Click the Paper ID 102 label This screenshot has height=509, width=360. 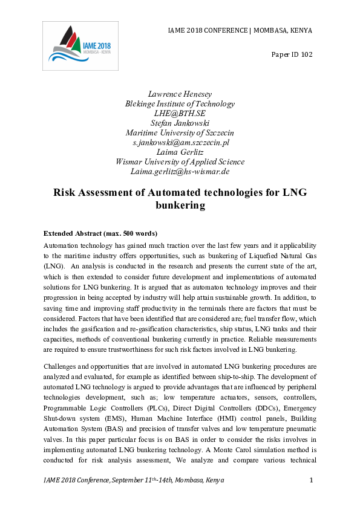click(x=292, y=55)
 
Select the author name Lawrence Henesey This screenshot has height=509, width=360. click(x=180, y=94)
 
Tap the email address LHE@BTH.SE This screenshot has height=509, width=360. click(x=180, y=113)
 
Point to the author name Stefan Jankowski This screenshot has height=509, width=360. click(x=180, y=123)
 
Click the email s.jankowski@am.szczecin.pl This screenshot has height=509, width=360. click(x=180, y=142)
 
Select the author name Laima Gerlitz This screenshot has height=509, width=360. click(x=180, y=152)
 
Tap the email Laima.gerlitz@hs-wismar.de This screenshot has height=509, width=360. click(x=180, y=171)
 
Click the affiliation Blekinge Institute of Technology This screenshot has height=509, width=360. click(x=180, y=103)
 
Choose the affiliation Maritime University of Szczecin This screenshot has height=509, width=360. click(x=180, y=132)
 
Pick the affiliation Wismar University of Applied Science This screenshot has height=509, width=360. click(x=180, y=161)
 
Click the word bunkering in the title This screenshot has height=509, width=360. click(x=180, y=206)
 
